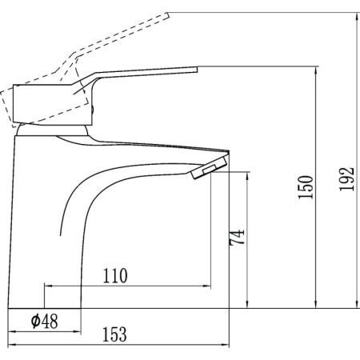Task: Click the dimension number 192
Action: (x=347, y=179)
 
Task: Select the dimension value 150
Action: (x=306, y=187)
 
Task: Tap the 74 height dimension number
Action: (x=237, y=237)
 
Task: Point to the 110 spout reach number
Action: (x=115, y=276)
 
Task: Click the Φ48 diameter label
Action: (x=44, y=321)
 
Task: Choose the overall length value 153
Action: (x=114, y=334)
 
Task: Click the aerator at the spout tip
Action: (x=209, y=167)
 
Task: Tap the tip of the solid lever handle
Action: (x=197, y=70)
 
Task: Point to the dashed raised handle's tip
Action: (x=168, y=15)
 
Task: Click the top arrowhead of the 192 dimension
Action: (x=357, y=16)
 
